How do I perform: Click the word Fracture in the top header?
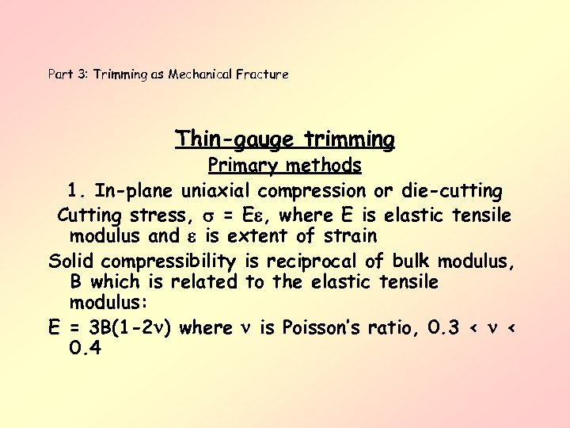click(264, 75)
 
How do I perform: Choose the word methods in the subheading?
click(325, 166)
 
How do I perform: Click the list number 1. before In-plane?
click(77, 191)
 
